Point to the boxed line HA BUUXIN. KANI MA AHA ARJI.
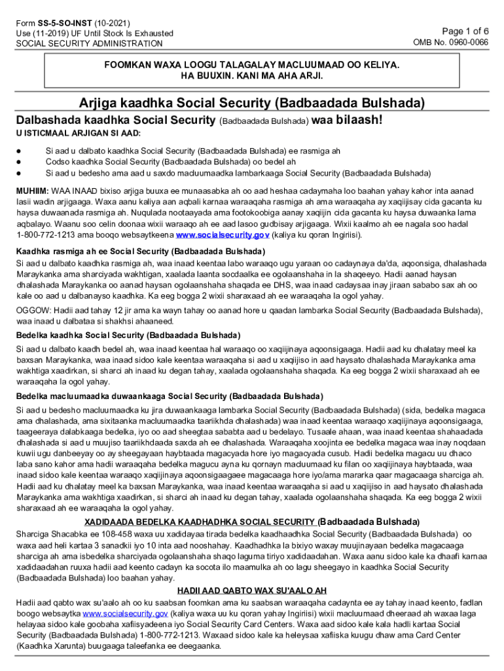(x=252, y=77)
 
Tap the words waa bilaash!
(x=346, y=121)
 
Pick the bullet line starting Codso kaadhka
(x=170, y=162)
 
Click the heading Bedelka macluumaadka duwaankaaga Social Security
(x=170, y=396)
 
